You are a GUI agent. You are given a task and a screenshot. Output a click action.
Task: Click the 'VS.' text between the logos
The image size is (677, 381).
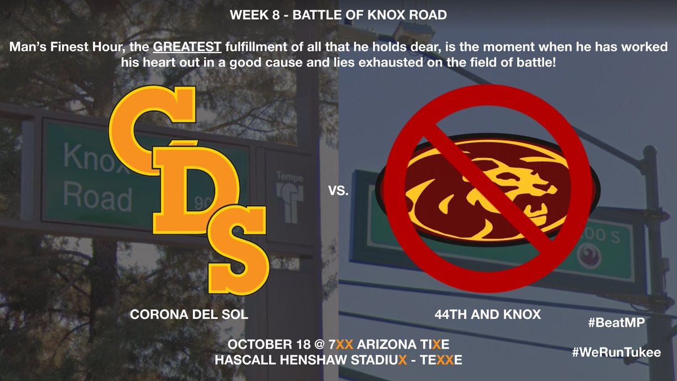338,192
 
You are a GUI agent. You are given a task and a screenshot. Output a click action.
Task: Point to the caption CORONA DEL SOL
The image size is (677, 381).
189,315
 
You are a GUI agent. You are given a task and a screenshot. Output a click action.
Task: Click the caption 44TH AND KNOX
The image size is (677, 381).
489,315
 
